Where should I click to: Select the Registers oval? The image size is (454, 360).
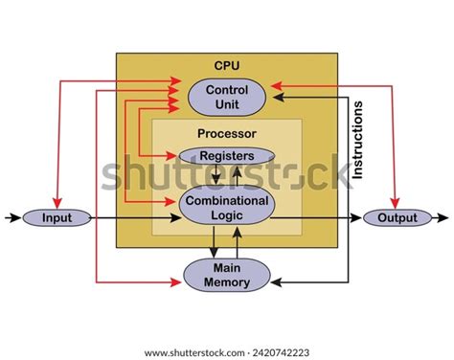click(x=227, y=155)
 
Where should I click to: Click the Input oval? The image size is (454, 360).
click(x=56, y=218)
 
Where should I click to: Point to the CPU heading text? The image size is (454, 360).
click(x=227, y=65)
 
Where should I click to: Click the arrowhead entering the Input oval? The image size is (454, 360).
click(x=17, y=218)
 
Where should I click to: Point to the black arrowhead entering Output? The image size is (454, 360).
click(x=359, y=218)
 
